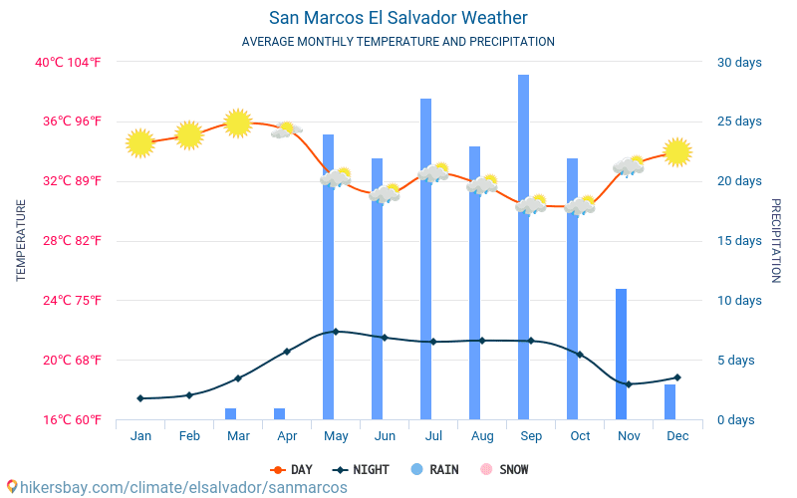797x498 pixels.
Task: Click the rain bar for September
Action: pyautogui.click(x=523, y=247)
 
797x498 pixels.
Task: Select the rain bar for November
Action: pyautogui.click(x=621, y=354)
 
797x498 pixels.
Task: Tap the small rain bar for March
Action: pyautogui.click(x=230, y=413)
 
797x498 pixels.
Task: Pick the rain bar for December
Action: pyautogui.click(x=669, y=401)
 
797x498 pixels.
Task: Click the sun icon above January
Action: pyautogui.click(x=140, y=143)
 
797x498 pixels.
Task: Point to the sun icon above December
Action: pyautogui.click(x=677, y=151)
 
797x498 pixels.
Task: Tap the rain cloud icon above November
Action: pyautogui.click(x=629, y=166)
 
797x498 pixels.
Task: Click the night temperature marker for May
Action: pyautogui.click(x=336, y=332)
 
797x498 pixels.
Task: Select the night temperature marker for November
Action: pyautogui.click(x=629, y=384)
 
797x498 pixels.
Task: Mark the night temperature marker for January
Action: pyautogui.click(x=140, y=398)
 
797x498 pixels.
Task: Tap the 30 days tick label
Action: pyautogui.click(x=739, y=63)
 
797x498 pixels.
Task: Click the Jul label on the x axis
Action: pyautogui.click(x=433, y=435)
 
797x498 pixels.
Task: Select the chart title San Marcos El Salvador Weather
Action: pyautogui.click(x=398, y=18)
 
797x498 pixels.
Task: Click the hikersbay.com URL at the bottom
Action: pyautogui.click(x=177, y=487)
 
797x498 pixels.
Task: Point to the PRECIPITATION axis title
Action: pyautogui.click(x=776, y=241)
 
